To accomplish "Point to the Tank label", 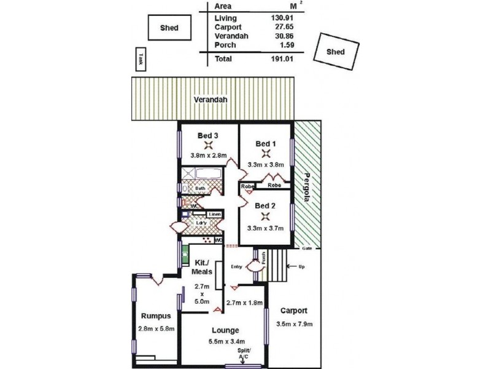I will point(141,59).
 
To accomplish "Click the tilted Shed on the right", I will point(336,53).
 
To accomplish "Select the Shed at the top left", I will point(169,28).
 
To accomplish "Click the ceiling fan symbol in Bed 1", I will point(266,153).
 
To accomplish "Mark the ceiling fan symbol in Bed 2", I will point(265,216).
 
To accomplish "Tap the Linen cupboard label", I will point(214,214).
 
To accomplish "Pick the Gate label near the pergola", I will point(307,248).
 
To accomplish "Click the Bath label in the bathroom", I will point(201,189).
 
